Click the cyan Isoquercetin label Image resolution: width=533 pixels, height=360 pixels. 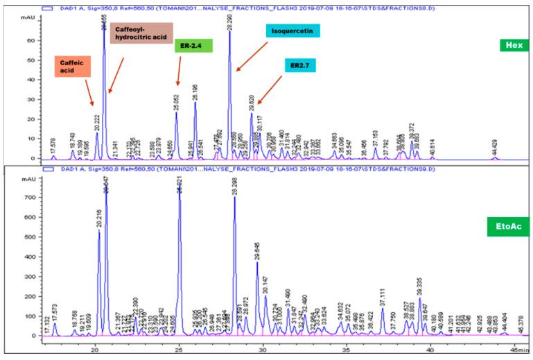click(292, 32)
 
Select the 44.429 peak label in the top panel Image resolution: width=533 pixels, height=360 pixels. click(494, 147)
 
